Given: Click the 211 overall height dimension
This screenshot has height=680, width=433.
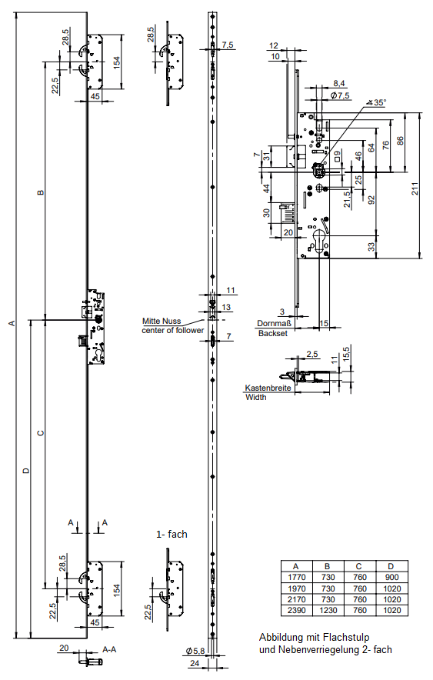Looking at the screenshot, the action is point(415,188).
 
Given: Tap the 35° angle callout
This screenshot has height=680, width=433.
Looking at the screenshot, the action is point(376,102).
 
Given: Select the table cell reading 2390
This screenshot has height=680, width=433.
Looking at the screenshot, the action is point(296,610).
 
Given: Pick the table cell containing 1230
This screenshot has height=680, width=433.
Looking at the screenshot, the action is point(328,610).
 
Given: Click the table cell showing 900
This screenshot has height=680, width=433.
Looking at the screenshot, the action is point(391,577).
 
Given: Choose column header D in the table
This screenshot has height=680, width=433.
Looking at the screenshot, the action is point(391,566).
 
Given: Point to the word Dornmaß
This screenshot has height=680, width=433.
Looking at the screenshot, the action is point(275,323).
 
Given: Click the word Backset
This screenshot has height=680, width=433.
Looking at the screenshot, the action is point(272,333).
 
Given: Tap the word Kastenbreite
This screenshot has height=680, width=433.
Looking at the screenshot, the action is point(268,388).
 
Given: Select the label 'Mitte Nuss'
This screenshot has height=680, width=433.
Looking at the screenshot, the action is point(162,322).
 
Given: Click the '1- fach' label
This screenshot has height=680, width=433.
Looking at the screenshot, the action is point(172,535).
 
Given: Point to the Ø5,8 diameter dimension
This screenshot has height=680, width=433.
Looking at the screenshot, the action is point(195,651).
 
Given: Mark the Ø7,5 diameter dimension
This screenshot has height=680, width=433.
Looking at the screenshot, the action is point(340,95).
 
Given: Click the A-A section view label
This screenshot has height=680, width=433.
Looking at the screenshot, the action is point(109,649).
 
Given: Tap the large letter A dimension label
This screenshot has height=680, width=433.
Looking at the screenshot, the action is point(12,323).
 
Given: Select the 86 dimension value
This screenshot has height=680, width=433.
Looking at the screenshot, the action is point(400,142).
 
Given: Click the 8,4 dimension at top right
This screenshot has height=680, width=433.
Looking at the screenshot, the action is point(339,83).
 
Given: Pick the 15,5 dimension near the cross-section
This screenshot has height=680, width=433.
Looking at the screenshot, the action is point(345,352).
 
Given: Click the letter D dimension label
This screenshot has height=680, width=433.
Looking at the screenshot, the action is point(26,471).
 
